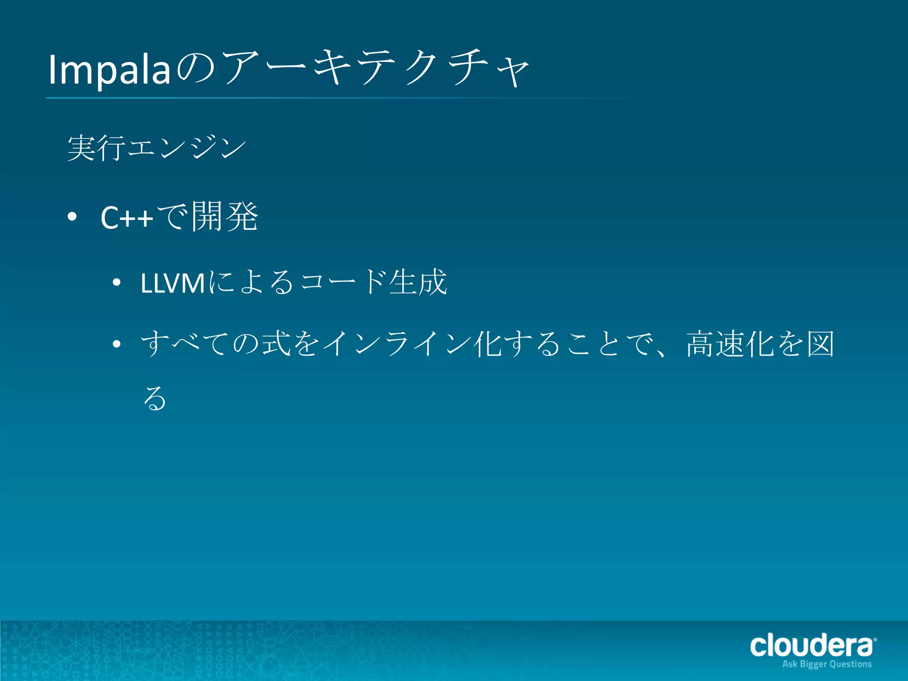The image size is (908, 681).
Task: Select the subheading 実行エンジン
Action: click(x=157, y=148)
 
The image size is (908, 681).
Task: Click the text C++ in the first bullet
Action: click(x=127, y=218)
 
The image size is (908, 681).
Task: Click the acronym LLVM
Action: click(x=172, y=283)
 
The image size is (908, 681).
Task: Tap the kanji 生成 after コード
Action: click(x=418, y=282)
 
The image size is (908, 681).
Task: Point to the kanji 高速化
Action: click(x=731, y=344)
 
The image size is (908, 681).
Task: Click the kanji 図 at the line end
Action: click(x=820, y=344)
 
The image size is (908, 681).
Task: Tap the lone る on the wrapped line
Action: click(x=155, y=398)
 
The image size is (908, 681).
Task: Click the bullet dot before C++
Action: click(x=72, y=217)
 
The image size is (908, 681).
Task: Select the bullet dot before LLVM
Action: click(x=117, y=282)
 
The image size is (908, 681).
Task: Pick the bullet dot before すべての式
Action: click(x=117, y=344)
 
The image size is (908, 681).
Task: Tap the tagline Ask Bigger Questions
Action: click(x=827, y=664)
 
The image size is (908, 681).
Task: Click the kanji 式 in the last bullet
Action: click(x=276, y=344)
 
